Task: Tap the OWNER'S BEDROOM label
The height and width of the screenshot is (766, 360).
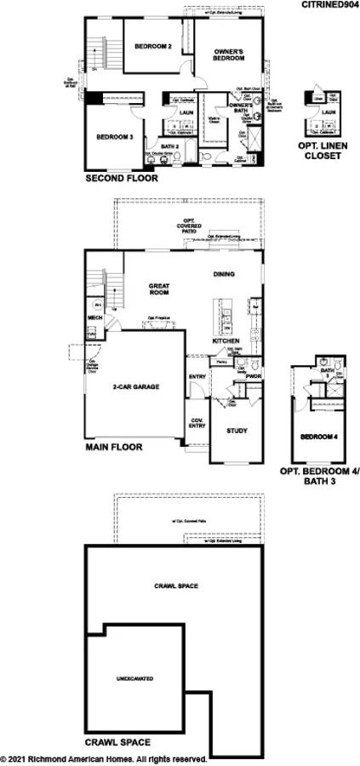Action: (x=229, y=56)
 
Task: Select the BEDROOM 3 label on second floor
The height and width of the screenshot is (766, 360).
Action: (x=114, y=137)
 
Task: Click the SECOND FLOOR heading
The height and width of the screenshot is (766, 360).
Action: (x=119, y=180)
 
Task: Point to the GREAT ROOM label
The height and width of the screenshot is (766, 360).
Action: (x=158, y=289)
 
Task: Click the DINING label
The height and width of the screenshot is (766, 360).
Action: (x=225, y=274)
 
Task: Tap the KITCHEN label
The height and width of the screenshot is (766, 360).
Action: (x=226, y=340)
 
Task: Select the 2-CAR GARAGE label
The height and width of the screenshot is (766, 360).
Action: (x=136, y=386)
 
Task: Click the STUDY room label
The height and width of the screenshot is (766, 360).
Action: (x=237, y=431)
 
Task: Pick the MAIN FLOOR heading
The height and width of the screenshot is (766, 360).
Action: (x=114, y=447)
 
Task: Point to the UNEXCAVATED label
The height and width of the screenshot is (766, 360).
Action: (x=134, y=678)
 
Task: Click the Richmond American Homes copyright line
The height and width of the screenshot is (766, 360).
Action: (x=104, y=758)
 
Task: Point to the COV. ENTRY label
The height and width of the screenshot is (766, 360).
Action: (x=197, y=423)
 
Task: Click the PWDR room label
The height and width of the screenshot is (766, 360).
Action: (x=253, y=375)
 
